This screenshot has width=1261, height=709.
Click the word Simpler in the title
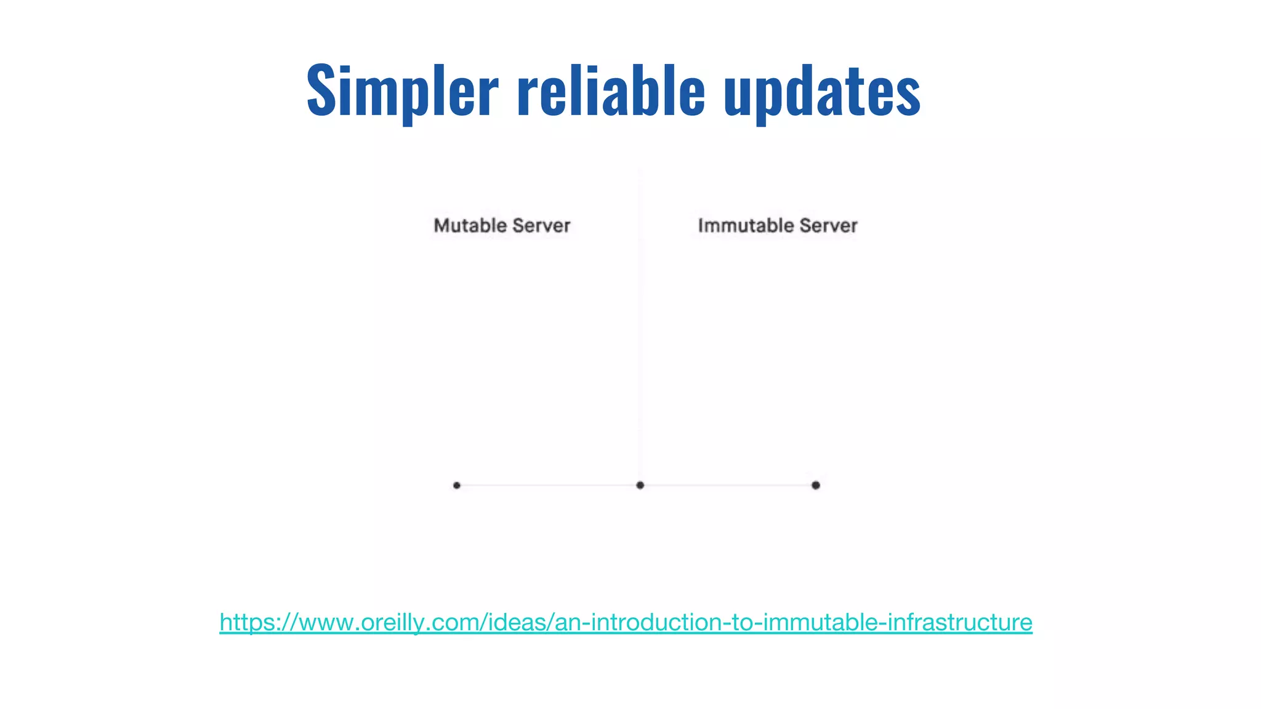coord(401,91)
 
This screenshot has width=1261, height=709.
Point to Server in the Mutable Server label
coord(541,225)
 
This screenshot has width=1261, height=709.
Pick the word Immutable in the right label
coord(746,225)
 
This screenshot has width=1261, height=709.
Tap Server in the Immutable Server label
coord(828,225)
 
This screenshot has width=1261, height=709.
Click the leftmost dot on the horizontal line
coord(456,485)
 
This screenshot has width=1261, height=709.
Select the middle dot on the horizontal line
coord(640,485)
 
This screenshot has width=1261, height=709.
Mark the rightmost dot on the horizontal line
coord(815,485)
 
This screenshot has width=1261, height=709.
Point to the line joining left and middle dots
coord(548,485)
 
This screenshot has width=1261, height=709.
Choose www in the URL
coord(326,622)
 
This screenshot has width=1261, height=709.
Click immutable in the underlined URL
coord(821,622)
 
